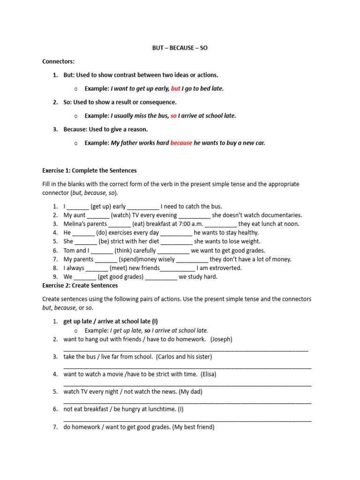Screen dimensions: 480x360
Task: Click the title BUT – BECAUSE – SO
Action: (x=180, y=48)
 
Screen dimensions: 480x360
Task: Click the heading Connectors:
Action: (x=58, y=61)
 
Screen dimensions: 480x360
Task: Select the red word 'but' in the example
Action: (x=176, y=89)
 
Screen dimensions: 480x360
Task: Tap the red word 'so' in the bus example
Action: (x=173, y=116)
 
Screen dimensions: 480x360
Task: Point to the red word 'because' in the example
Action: (x=181, y=143)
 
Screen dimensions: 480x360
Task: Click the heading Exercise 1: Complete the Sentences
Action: (x=90, y=170)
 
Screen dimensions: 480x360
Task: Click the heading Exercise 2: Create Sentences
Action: (x=80, y=285)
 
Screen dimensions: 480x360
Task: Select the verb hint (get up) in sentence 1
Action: (x=101, y=206)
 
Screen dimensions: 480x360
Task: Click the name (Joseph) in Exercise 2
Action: (x=221, y=339)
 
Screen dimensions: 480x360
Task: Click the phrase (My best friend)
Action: (x=193, y=427)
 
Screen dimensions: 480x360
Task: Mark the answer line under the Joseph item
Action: (x=186, y=350)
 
